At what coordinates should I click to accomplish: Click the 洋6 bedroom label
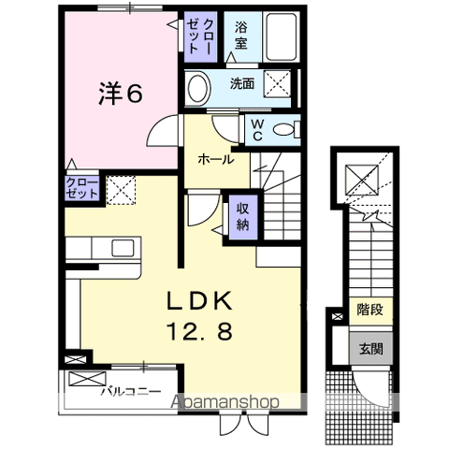click(x=121, y=93)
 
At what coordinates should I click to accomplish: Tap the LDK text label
click(x=200, y=300)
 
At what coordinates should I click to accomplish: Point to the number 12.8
click(x=200, y=331)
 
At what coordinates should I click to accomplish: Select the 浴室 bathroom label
click(x=241, y=36)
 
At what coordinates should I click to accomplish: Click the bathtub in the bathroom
click(x=282, y=36)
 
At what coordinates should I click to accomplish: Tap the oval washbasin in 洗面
click(x=197, y=88)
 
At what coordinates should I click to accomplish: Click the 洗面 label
click(x=242, y=83)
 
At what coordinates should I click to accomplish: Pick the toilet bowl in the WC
click(x=283, y=129)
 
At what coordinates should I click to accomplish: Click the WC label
click(x=258, y=130)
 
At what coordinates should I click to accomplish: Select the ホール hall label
click(x=216, y=160)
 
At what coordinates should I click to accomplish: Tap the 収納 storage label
click(x=243, y=216)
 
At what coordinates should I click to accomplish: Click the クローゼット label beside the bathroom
click(x=201, y=36)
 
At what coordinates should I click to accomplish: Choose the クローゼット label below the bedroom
click(x=82, y=188)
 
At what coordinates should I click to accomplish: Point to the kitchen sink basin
click(x=123, y=248)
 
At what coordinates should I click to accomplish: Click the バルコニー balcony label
click(x=131, y=391)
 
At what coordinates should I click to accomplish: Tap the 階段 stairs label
click(x=370, y=311)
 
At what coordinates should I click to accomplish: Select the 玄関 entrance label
click(x=370, y=349)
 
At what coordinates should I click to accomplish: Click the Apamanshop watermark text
click(x=224, y=402)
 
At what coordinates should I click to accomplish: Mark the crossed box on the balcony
click(x=88, y=379)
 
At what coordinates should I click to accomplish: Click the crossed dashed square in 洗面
click(x=277, y=83)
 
